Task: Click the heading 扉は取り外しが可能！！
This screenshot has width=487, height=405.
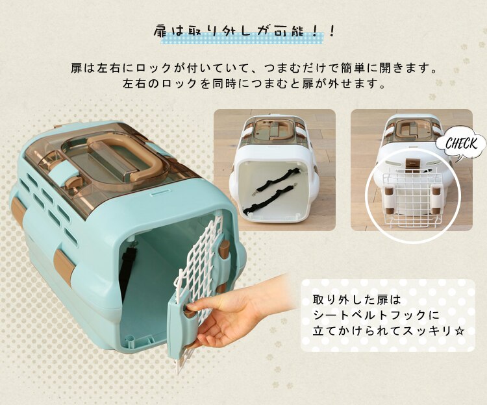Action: pyautogui.click(x=244, y=32)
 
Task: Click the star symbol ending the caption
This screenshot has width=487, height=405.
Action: pyautogui.click(x=460, y=331)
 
